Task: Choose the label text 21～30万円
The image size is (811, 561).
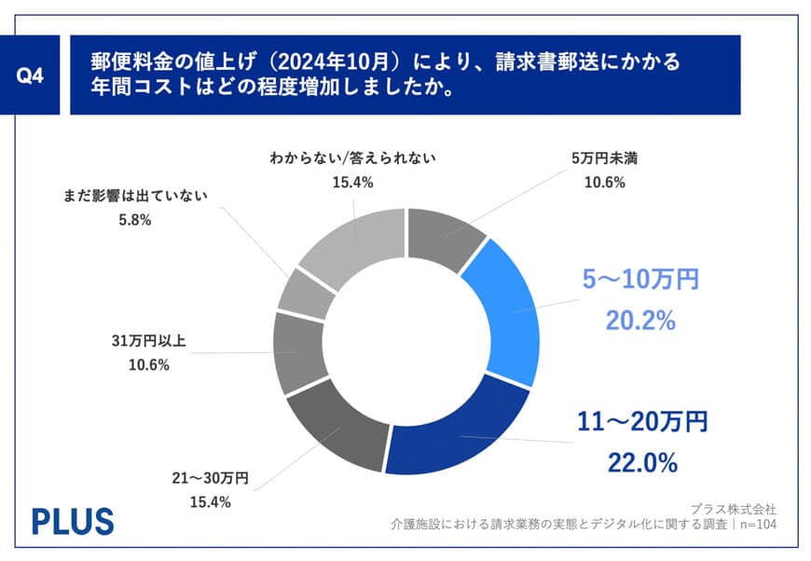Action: click(210, 479)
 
